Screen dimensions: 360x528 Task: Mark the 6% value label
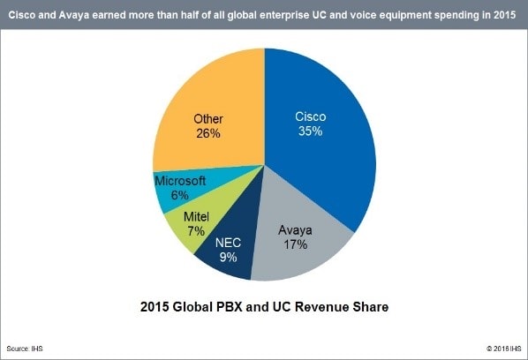pyautogui.click(x=179, y=195)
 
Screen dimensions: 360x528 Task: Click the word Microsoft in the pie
pyautogui.click(x=180, y=181)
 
